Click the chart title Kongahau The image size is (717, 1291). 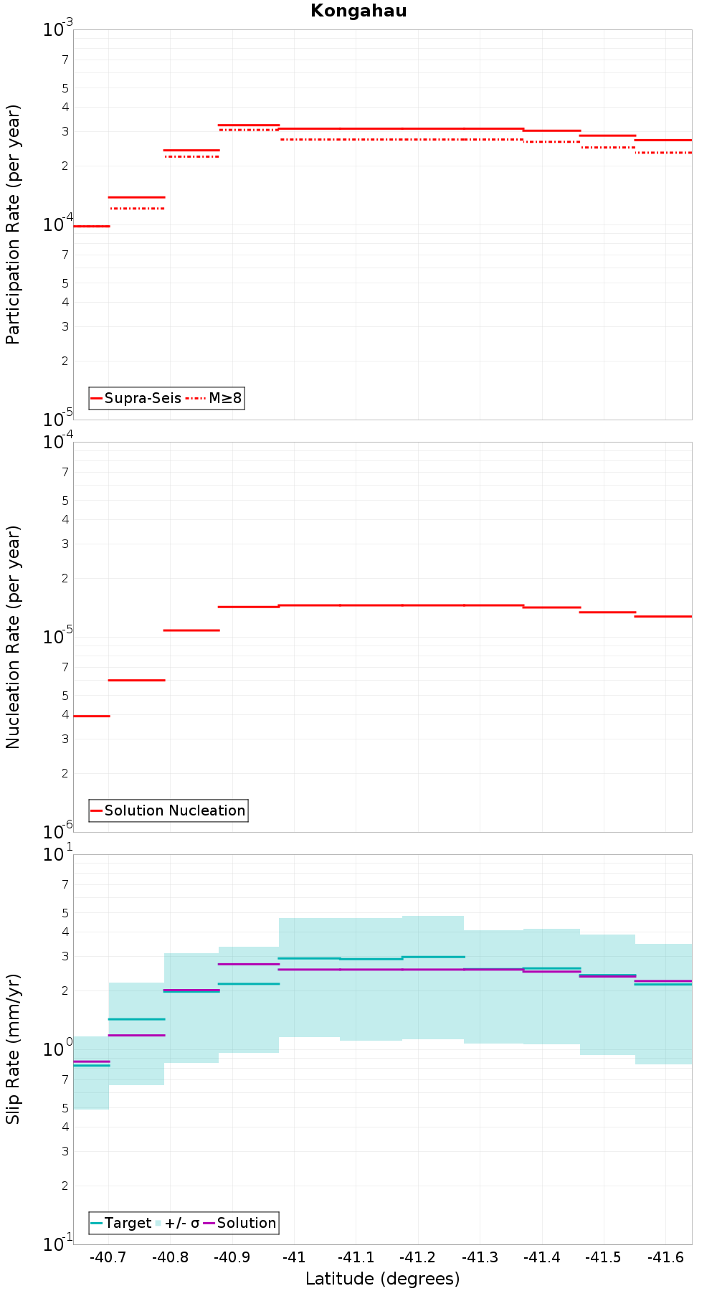(x=358, y=11)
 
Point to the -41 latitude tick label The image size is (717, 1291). (x=294, y=1257)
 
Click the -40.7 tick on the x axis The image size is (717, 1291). (x=108, y=1257)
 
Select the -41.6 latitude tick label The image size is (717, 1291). (x=666, y=1257)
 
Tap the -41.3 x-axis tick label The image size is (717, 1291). (x=480, y=1257)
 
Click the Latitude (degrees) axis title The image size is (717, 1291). (x=382, y=1279)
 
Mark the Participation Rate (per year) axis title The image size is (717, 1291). (x=13, y=224)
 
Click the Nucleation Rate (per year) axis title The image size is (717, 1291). (x=13, y=637)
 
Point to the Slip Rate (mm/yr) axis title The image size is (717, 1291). (x=13, y=1049)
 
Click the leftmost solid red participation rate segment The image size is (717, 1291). (x=91, y=226)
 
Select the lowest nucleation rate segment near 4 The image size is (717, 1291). (x=91, y=716)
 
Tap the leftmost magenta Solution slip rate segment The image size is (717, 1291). (x=91, y=1061)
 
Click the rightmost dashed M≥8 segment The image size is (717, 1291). (x=663, y=153)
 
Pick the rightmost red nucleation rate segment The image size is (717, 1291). (x=663, y=616)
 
